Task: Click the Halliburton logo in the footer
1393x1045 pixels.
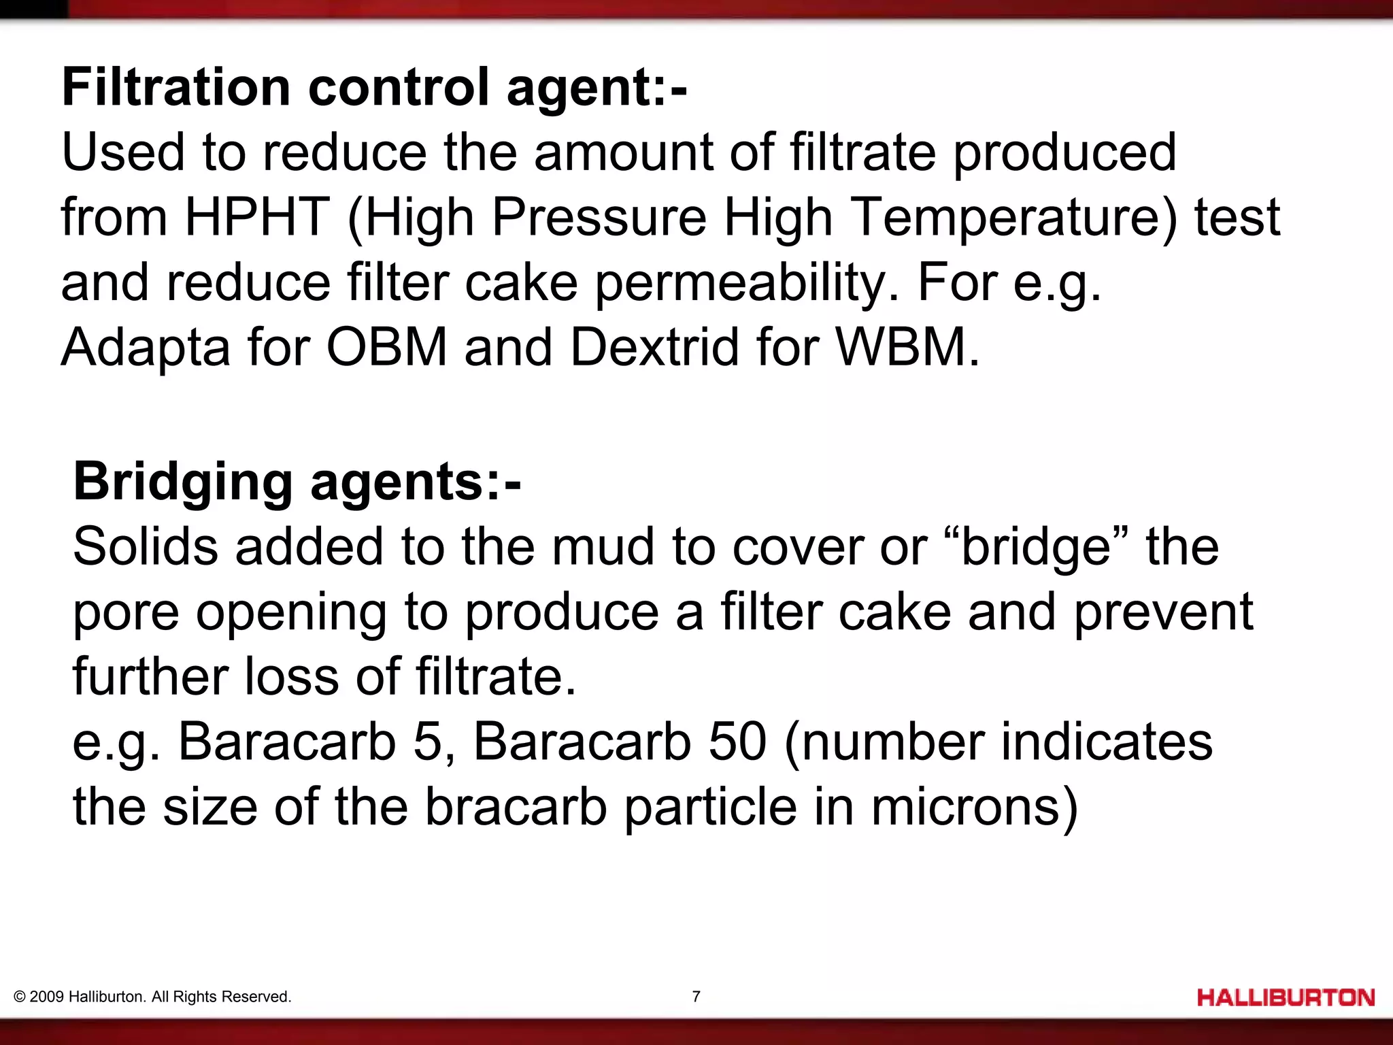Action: tap(1286, 998)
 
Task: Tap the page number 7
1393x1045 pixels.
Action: tap(696, 997)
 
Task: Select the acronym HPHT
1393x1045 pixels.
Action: tap(257, 217)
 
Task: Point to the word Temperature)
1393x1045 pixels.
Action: tap(1013, 217)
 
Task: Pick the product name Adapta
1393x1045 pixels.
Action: tap(146, 348)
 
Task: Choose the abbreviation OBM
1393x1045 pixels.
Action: tap(386, 348)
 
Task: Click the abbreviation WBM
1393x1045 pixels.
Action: tap(907, 348)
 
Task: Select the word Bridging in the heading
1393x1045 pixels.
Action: tap(183, 482)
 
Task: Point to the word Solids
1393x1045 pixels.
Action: tap(146, 546)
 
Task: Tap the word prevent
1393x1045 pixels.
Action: tap(1163, 612)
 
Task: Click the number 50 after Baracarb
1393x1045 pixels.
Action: tap(737, 742)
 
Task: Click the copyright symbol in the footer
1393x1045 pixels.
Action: tap(20, 997)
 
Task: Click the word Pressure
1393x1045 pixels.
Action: tap(599, 217)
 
